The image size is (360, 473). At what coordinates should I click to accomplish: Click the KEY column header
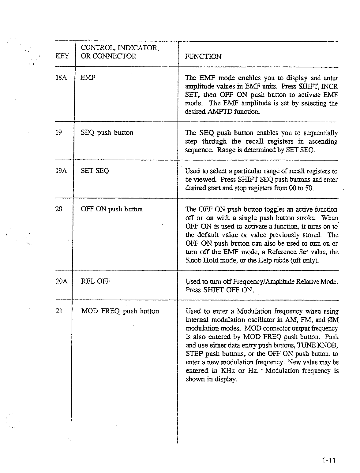62,56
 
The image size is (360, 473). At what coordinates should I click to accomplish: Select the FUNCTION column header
203,57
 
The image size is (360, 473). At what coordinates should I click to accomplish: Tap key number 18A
61,78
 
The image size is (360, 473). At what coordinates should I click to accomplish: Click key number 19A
61,171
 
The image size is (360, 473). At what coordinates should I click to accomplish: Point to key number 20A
62,281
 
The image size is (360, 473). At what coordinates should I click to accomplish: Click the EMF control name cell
88,78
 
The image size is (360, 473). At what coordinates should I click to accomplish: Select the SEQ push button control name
107,133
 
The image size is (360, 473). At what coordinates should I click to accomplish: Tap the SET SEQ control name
95,171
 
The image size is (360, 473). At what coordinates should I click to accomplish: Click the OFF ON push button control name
111,209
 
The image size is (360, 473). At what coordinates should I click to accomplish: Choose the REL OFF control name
96,281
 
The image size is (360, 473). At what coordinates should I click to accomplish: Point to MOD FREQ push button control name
120,311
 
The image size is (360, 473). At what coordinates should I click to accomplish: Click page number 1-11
329,460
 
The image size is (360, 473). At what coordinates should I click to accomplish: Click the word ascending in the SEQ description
323,142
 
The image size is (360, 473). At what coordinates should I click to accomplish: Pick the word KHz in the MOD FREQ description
228,371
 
